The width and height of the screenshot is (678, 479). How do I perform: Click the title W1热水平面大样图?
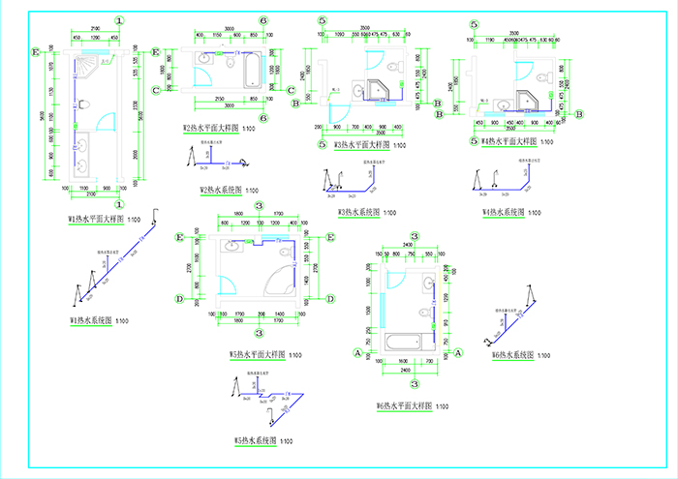pyautogui.click(x=98, y=220)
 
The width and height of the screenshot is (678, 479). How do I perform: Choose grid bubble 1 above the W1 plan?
pyautogui.click(x=118, y=20)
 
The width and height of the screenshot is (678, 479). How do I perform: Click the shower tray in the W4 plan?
pyautogui.click(x=528, y=100)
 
